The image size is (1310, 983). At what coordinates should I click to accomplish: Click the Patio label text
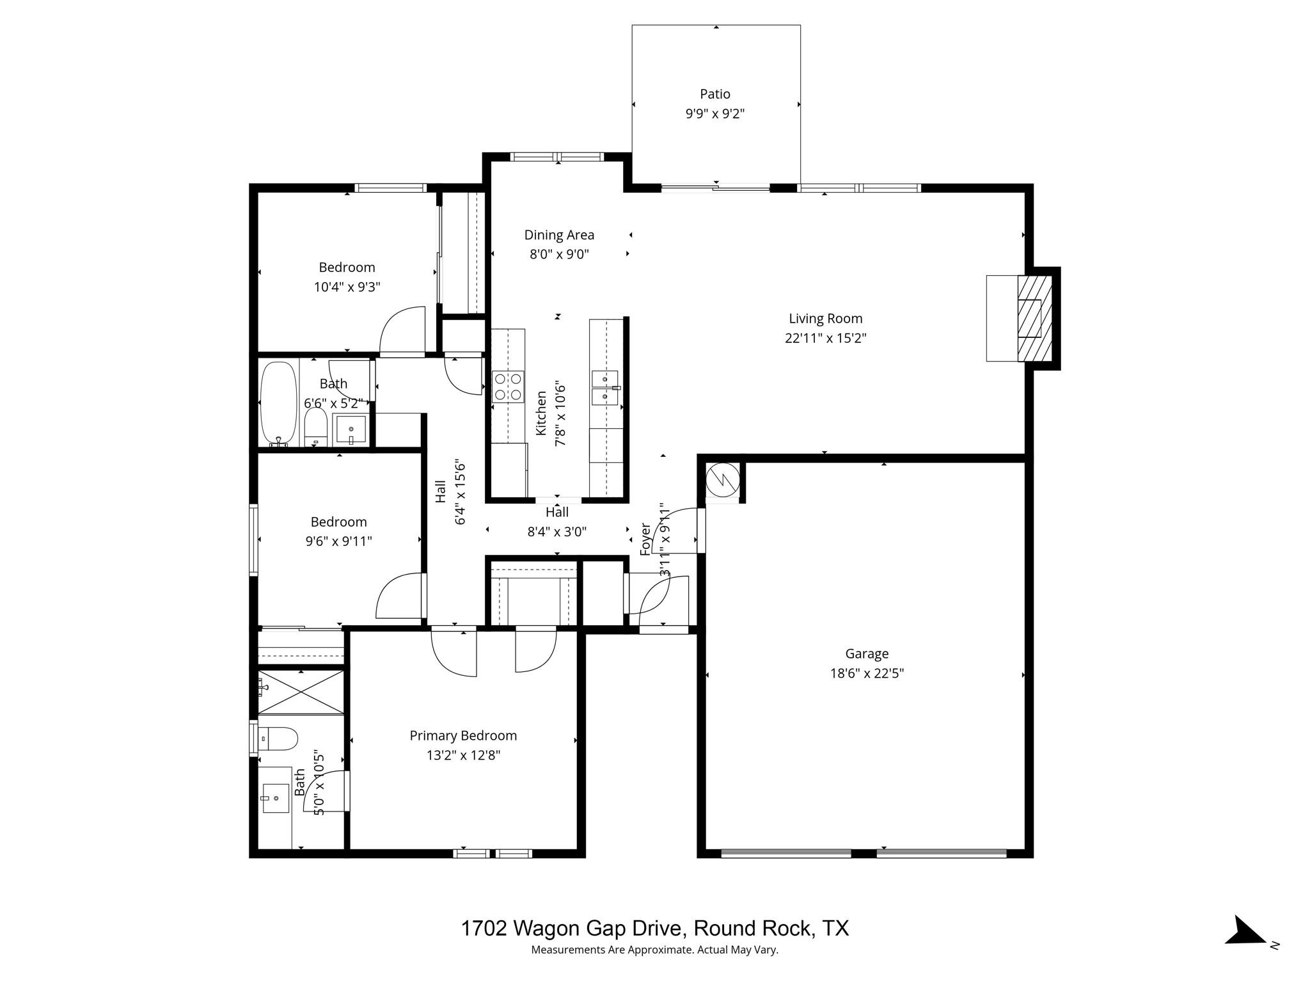tap(714, 94)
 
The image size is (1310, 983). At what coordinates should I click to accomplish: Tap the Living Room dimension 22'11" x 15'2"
tap(825, 338)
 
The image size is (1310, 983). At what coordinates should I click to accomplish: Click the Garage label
tap(867, 653)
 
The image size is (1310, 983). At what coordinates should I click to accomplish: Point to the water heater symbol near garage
tap(722, 479)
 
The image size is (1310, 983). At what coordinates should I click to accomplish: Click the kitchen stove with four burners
tap(508, 387)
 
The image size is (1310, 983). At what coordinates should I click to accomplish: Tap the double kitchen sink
tap(605, 388)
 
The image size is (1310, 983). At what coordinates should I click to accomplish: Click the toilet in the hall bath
tap(315, 426)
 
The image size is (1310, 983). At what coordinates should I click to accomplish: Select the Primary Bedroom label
tap(463, 736)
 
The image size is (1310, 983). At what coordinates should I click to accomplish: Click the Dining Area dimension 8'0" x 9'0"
tap(558, 254)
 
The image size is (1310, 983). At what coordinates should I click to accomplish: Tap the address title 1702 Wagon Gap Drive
tap(654, 928)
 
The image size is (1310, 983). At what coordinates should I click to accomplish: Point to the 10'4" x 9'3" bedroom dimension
tap(347, 287)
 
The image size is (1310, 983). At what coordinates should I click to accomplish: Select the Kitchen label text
tap(541, 413)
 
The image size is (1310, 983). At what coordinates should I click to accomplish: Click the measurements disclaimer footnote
tap(654, 950)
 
